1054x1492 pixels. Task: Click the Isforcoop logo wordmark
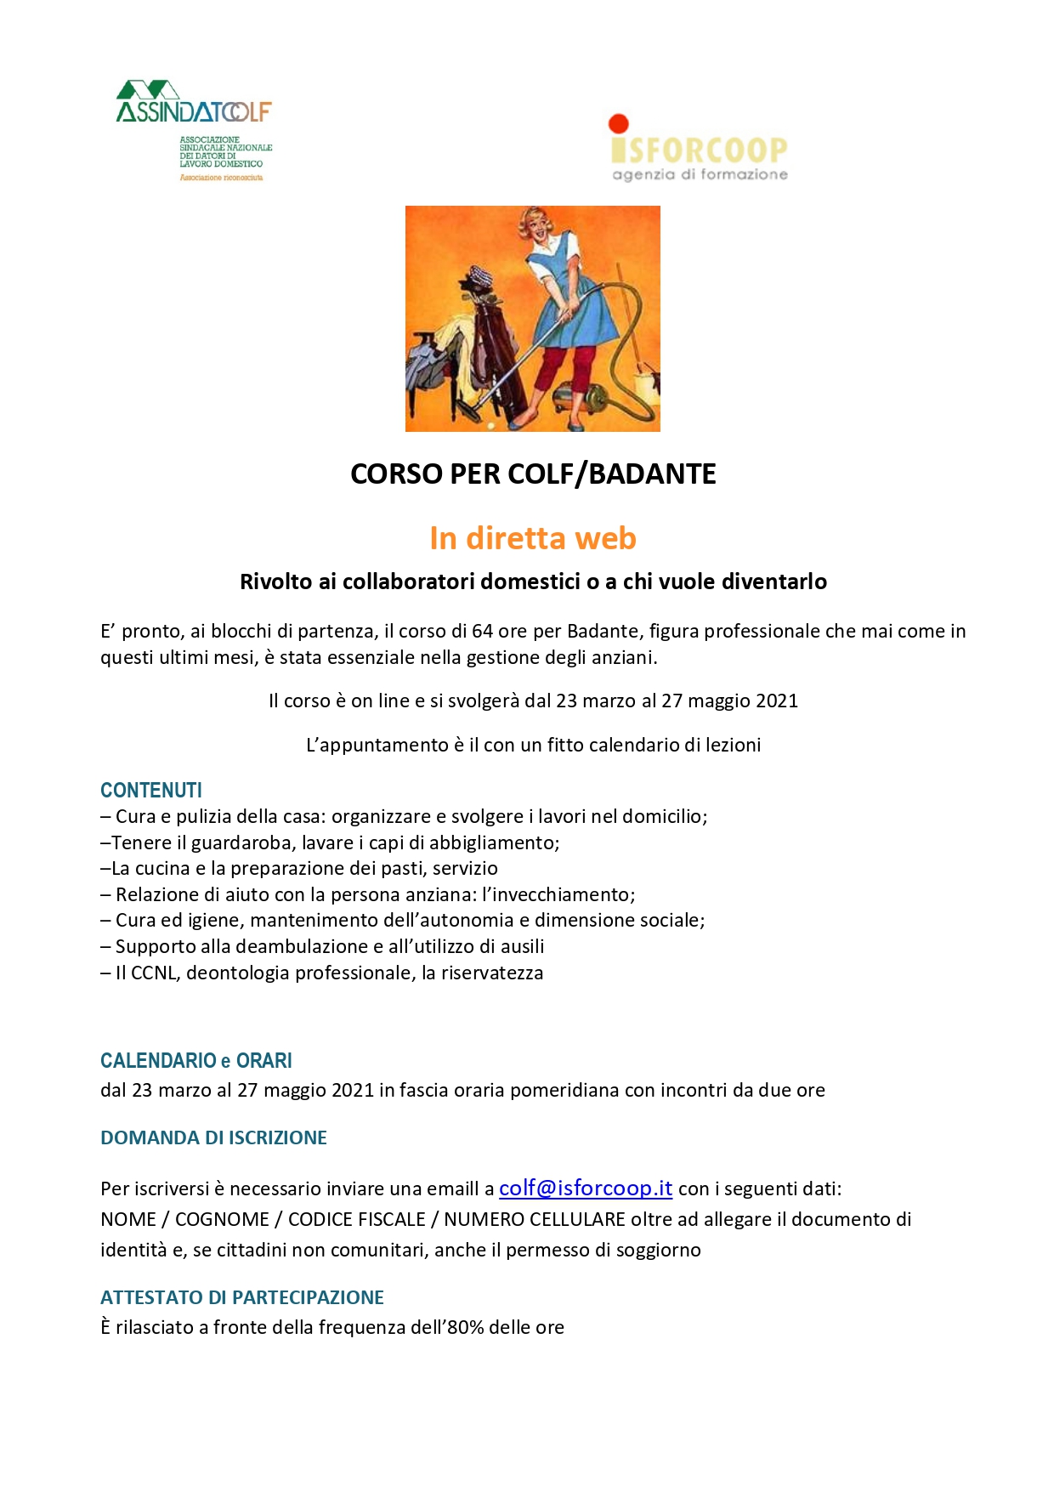[700, 150]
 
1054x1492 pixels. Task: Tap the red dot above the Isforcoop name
[619, 124]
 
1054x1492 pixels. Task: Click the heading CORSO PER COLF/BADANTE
[533, 474]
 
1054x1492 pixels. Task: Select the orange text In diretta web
[533, 538]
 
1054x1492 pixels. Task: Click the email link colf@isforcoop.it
[586, 1188]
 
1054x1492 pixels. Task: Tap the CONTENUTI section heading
[151, 790]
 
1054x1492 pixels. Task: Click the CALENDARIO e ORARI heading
[196, 1060]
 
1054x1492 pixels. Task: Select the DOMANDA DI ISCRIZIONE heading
[213, 1137]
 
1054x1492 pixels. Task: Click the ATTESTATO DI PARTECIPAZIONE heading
[242, 1297]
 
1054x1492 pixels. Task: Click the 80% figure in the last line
[465, 1327]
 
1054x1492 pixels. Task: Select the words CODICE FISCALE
[357, 1219]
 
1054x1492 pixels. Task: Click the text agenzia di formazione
[700, 174]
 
